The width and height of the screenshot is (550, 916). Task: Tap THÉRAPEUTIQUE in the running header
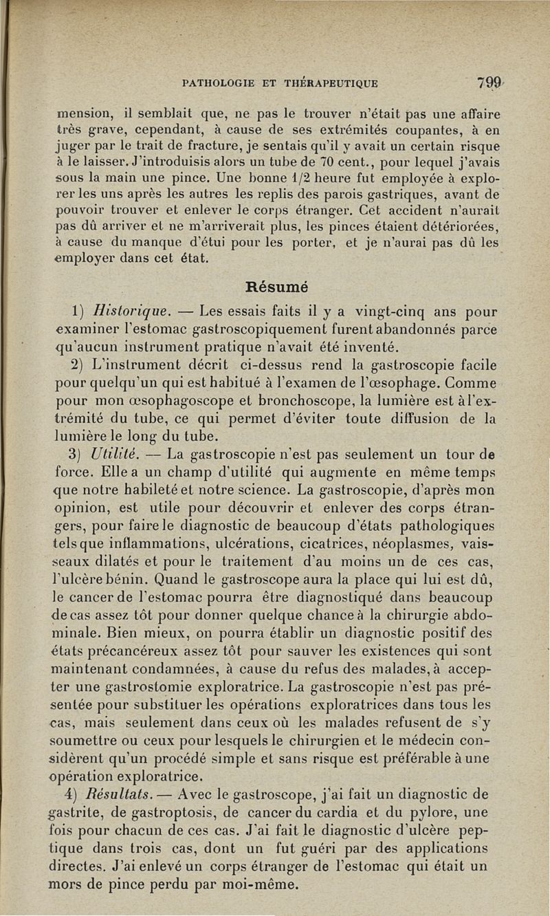point(332,84)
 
